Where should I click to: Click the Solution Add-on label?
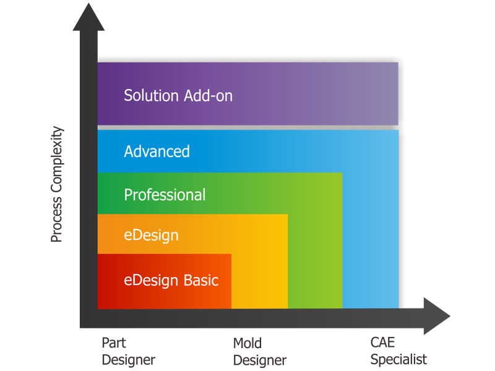[x=178, y=96]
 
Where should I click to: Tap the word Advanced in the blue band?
[x=157, y=151]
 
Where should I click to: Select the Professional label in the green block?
[x=165, y=195]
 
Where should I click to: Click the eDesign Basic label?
[x=171, y=280]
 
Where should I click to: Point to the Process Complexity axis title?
[x=56, y=184]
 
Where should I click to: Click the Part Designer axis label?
[x=128, y=351]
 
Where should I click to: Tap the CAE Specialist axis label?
[x=398, y=351]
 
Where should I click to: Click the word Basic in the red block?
[x=200, y=280]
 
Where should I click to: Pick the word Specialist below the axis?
[x=398, y=359]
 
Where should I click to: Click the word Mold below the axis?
[x=247, y=343]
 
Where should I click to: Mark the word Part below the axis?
[x=114, y=342]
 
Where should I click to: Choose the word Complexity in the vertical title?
[x=56, y=165]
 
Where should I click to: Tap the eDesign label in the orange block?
[x=151, y=235]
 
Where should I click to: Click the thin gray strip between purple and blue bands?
[x=247, y=127]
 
